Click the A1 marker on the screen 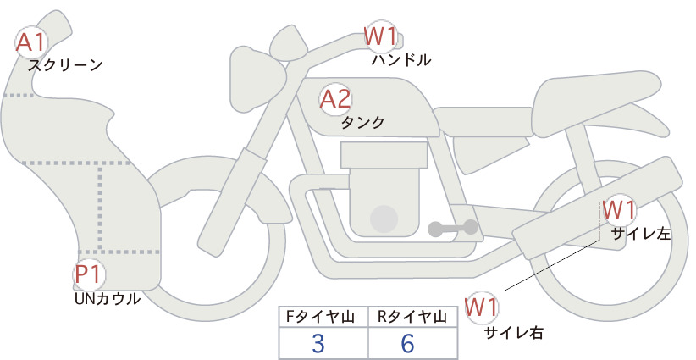tap(30, 42)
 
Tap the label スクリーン tap(65, 65)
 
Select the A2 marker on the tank tap(335, 99)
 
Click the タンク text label tap(362, 122)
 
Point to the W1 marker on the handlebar tap(380, 36)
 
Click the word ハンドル tap(401, 59)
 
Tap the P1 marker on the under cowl tap(89, 274)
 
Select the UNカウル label tap(108, 299)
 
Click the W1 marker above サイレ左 tap(619, 210)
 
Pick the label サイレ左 tap(641, 234)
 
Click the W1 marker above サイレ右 tap(481, 307)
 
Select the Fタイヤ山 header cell tap(323, 317)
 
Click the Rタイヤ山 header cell tap(413, 317)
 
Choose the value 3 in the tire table tap(318, 343)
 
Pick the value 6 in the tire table tap(407, 343)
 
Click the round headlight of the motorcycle tap(257, 80)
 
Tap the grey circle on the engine tap(384, 219)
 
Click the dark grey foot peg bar tap(453, 228)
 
